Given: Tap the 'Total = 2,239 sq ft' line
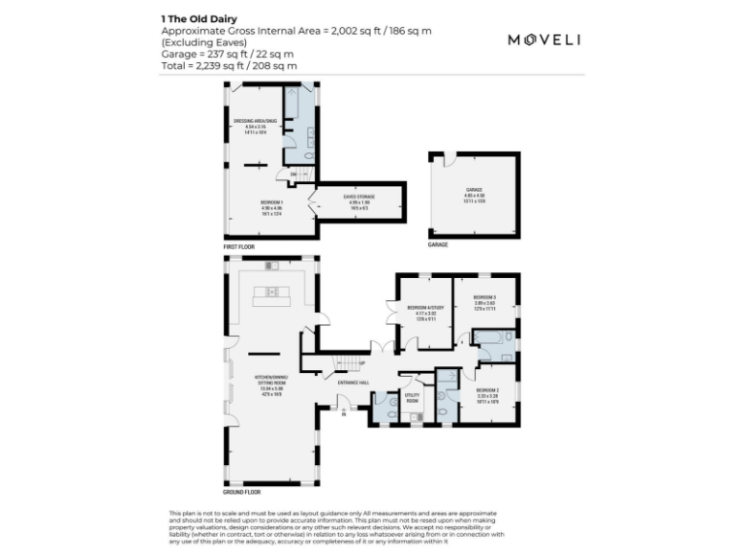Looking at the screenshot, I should pos(229,65).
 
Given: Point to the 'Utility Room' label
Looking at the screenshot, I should pos(411,397).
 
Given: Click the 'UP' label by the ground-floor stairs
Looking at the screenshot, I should pos(361,363).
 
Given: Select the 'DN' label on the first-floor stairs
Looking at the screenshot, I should pos(280,173).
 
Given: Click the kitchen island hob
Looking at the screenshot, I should pos(272,291).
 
